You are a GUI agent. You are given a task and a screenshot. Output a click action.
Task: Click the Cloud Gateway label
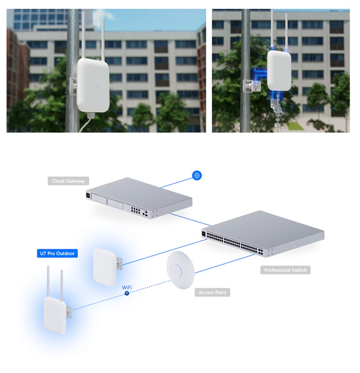pos(68,181)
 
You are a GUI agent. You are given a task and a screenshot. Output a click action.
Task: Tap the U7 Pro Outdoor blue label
pos(57,253)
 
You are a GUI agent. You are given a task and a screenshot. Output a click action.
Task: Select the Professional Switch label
pos(285,270)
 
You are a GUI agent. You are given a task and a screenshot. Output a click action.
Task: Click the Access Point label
pos(213,292)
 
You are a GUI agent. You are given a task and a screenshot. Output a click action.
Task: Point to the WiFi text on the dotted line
pos(127,287)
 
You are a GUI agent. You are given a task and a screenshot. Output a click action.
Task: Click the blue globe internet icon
pos(197,175)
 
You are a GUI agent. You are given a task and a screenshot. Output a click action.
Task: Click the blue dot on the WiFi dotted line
pos(127,293)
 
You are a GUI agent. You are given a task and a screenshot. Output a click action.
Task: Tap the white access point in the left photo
pos(93,85)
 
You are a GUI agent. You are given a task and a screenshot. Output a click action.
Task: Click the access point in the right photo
pos(278,70)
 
